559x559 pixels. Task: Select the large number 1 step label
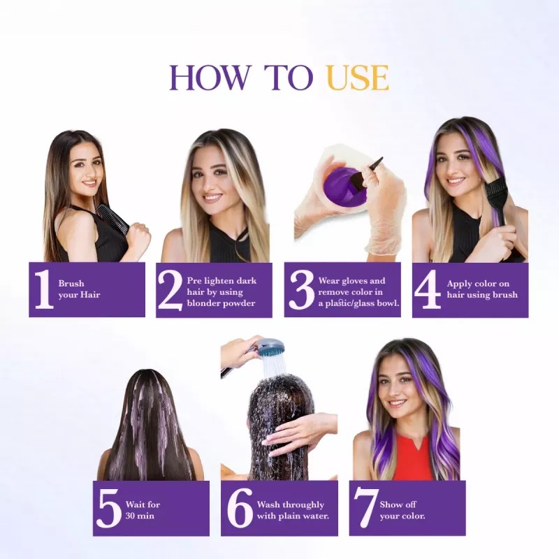pyautogui.click(x=44, y=289)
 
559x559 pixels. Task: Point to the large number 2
pyautogui.click(x=170, y=289)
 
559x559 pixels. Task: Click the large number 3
pyautogui.click(x=300, y=289)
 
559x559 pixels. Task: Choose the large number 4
pyautogui.click(x=427, y=289)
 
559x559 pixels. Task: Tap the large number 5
pyautogui.click(x=108, y=509)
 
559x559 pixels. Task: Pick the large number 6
pyautogui.click(x=240, y=509)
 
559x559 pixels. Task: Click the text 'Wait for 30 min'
pyautogui.click(x=143, y=510)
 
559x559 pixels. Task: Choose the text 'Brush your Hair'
pyautogui.click(x=79, y=289)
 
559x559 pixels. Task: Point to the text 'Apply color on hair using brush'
pyautogui.click(x=482, y=289)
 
